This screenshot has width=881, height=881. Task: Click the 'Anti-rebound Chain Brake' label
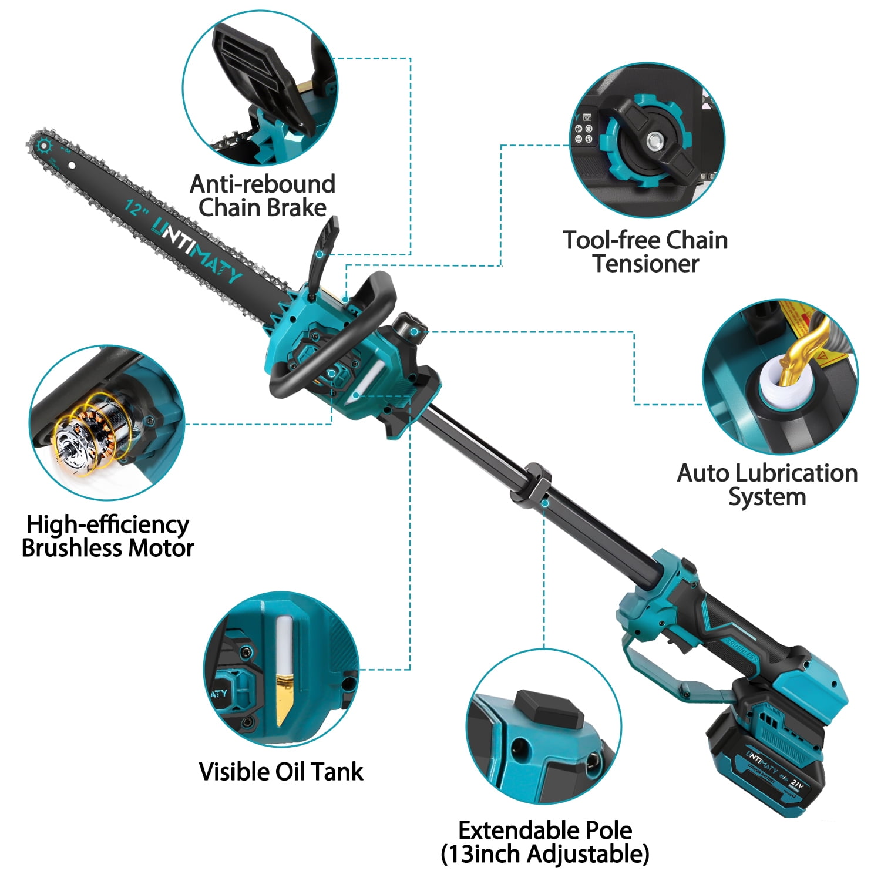(263, 196)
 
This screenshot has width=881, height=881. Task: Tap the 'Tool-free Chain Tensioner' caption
(645, 251)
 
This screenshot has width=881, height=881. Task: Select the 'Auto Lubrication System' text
(767, 485)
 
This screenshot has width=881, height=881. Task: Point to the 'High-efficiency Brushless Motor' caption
(108, 536)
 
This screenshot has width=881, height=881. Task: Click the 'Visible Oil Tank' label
(281, 771)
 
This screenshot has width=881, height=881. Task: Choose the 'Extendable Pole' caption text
(545, 830)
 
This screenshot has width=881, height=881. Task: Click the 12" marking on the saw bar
(134, 208)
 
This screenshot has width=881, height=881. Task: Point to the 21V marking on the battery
(796, 785)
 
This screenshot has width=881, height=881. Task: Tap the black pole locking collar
(538, 483)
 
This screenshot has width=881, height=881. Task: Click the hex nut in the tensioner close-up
(653, 141)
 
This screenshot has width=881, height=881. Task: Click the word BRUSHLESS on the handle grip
(741, 648)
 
